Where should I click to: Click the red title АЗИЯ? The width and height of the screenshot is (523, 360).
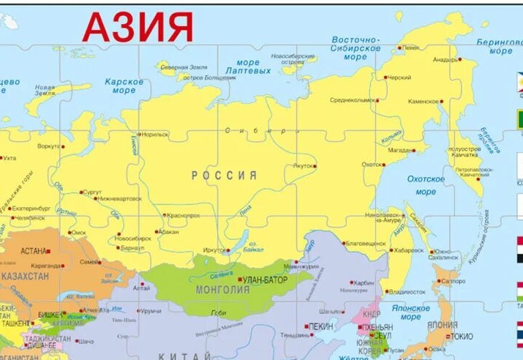click(x=138, y=26)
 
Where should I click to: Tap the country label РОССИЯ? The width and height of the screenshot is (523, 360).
click(x=225, y=176)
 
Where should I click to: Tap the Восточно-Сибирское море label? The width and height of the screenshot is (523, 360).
click(x=355, y=48)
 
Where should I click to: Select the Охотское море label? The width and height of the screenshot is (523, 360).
click(x=426, y=185)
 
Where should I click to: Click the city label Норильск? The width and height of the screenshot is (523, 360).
click(x=154, y=135)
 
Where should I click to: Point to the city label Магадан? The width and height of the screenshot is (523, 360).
click(x=401, y=150)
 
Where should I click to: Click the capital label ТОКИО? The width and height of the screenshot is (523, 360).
click(x=461, y=336)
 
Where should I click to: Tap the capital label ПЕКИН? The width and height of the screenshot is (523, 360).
click(x=321, y=326)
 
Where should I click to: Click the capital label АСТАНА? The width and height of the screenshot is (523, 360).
click(x=34, y=250)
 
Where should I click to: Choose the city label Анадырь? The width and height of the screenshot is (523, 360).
click(x=444, y=59)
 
